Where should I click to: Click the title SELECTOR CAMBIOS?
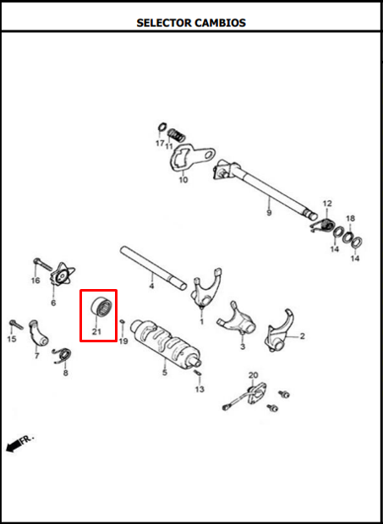[x=191, y=23]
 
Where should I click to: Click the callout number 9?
[x=269, y=212]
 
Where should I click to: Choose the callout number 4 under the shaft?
[x=151, y=286]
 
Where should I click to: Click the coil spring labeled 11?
[x=176, y=135]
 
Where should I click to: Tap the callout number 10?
[x=183, y=180]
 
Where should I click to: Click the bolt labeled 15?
[x=16, y=325]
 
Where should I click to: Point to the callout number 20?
[x=254, y=374]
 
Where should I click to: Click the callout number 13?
[x=200, y=390]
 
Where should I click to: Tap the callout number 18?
[x=350, y=219]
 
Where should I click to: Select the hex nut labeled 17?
[x=162, y=128]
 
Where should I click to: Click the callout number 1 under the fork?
[x=201, y=321]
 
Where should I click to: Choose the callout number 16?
[x=36, y=281]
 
